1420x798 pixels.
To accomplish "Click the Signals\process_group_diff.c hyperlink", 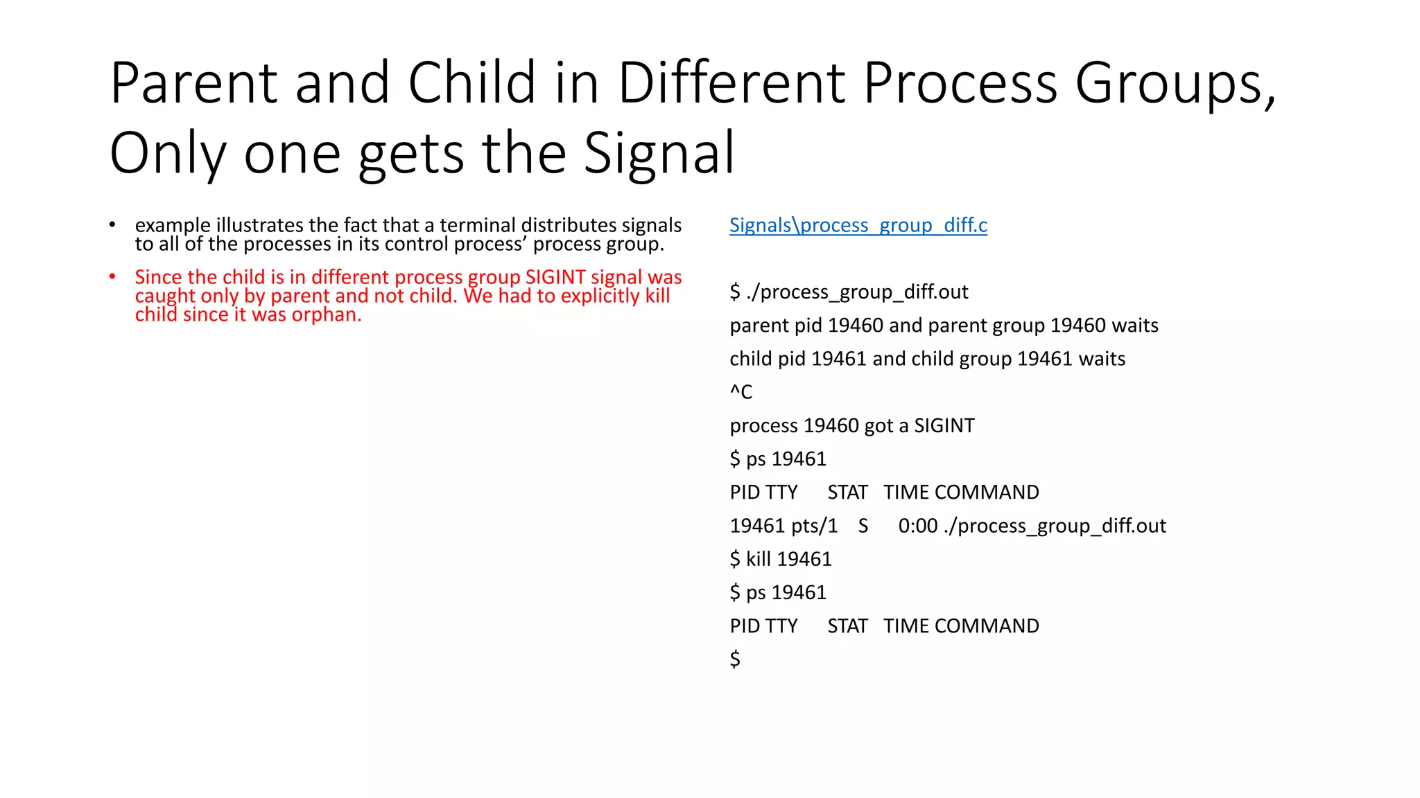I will [x=858, y=225].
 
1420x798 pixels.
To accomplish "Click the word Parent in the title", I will [x=193, y=83].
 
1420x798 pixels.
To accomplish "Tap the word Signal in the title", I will [x=659, y=153].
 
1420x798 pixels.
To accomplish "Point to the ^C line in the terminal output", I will [x=741, y=392].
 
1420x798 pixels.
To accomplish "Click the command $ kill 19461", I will [x=781, y=559].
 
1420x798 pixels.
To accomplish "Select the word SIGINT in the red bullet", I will [x=555, y=277].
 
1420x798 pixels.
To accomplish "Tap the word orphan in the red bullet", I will [x=326, y=314].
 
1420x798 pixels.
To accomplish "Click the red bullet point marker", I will [x=112, y=277].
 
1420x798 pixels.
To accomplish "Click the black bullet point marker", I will [x=112, y=225].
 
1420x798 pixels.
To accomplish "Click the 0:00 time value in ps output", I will [x=918, y=526].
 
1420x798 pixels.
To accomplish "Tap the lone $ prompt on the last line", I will [x=735, y=659].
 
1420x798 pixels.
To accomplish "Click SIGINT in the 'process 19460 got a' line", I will [x=944, y=425].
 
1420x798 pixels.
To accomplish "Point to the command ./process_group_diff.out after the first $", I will [x=857, y=292].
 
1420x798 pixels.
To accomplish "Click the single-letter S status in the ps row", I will [x=863, y=526].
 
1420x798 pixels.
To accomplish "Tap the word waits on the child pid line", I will [x=1102, y=359].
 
